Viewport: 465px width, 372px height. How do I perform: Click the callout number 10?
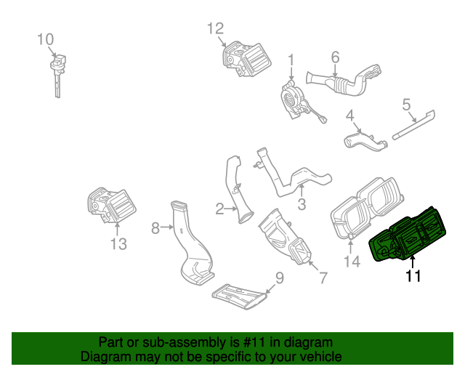[x=45, y=39]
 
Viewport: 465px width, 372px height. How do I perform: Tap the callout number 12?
[x=215, y=29]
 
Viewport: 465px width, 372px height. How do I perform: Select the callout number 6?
[x=335, y=57]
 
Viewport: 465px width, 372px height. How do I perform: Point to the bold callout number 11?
[x=413, y=276]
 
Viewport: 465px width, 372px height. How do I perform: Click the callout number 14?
[x=352, y=262]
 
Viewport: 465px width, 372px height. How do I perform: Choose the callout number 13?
[x=118, y=244]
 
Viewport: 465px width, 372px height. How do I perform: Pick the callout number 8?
[x=155, y=228]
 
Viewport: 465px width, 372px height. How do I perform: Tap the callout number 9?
[x=280, y=278]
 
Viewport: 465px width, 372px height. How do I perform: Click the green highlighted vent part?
[x=408, y=235]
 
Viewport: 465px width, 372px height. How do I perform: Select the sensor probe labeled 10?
[x=57, y=76]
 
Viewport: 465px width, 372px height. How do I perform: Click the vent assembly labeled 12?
[x=246, y=59]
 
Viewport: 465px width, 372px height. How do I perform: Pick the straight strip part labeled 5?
[x=414, y=124]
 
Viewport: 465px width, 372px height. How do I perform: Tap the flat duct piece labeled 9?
[x=240, y=297]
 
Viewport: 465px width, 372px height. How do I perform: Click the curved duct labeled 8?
[x=193, y=243]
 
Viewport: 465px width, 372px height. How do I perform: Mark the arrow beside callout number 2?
[x=231, y=209]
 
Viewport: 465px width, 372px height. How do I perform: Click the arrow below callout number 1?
[x=291, y=73]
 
